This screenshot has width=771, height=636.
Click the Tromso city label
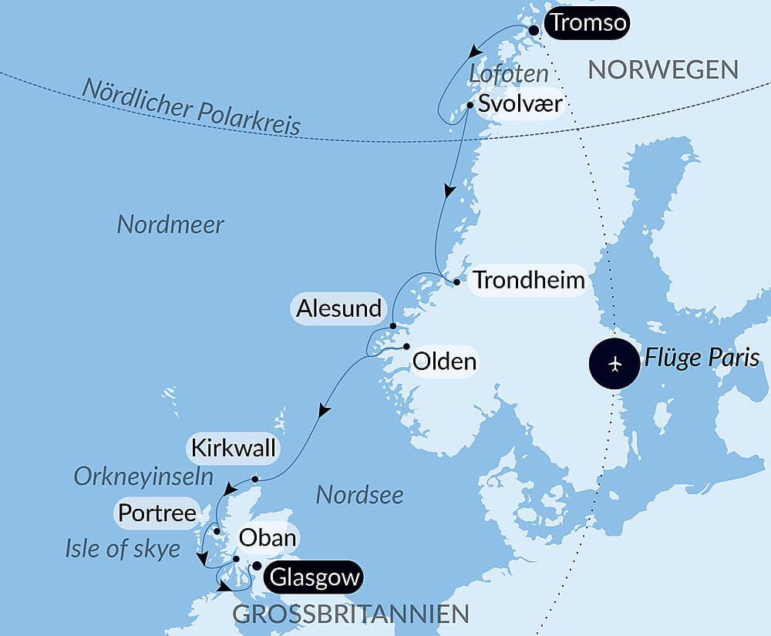pos(588,25)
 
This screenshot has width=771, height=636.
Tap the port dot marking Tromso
pos(534,29)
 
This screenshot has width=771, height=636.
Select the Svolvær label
pos(520,104)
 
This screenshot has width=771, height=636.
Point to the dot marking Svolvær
pos(470,104)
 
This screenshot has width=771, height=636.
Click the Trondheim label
pos(529,280)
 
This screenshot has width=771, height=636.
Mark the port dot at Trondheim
pos(457,282)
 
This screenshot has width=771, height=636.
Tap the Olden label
pos(444,361)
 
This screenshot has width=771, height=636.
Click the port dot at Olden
pos(406,346)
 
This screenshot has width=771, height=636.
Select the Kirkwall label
pos(233,449)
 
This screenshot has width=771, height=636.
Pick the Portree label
pos(157,513)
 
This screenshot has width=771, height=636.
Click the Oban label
pos(268,537)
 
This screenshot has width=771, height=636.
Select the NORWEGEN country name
pos(663,70)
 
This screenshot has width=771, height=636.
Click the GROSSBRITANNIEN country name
pos(351,614)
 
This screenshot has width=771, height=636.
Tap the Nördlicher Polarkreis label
pos(191,107)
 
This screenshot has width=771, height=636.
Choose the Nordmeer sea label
pos(170,225)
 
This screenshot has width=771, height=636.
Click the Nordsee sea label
pos(359,495)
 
